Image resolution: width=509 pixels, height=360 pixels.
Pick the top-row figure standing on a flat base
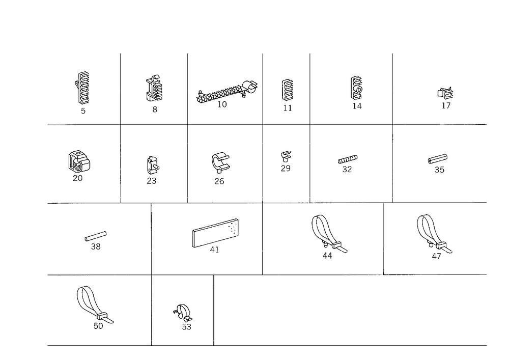tap(288, 94)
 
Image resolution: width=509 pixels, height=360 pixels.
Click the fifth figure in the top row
tap(357, 92)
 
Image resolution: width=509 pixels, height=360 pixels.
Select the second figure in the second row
tap(152, 168)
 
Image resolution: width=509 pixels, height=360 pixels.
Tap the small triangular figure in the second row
tap(285, 162)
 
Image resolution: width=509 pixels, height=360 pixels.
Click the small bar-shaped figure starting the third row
tap(96, 239)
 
